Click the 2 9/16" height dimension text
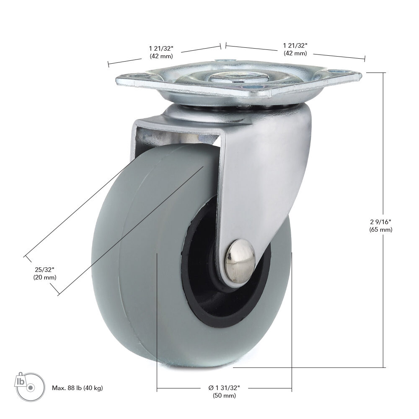pyautogui.click(x=381, y=222)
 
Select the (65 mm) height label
pyautogui.click(x=381, y=230)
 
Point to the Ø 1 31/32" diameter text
pyautogui.click(x=224, y=388)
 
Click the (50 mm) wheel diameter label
pyautogui.click(x=224, y=396)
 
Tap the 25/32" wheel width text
pyautogui.click(x=45, y=269)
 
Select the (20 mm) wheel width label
pyautogui.click(x=45, y=277)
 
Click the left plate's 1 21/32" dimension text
pyautogui.click(x=161, y=48)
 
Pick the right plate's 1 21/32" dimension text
pyautogui.click(x=295, y=45)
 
